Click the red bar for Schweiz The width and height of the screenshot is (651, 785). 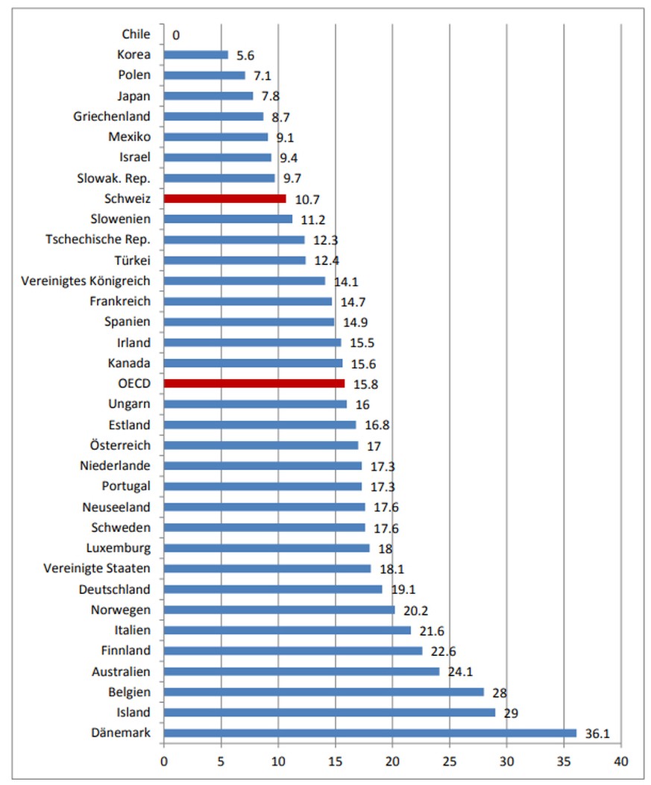[x=224, y=198]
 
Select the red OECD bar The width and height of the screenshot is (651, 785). [x=254, y=384]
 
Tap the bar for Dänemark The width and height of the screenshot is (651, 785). [x=370, y=733]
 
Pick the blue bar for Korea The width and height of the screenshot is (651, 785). [x=195, y=54]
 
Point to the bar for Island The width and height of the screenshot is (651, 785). [x=329, y=712]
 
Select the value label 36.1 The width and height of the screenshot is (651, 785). [x=597, y=734]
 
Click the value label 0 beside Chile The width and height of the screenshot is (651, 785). [x=176, y=34]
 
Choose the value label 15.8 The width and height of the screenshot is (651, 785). [x=366, y=384]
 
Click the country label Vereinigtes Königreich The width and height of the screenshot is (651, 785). [x=87, y=281]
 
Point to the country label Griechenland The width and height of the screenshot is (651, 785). [x=112, y=116]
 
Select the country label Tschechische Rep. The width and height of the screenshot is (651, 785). [x=98, y=240]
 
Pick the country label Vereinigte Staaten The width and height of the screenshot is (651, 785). [x=97, y=569]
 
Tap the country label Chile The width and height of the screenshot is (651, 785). [x=136, y=34]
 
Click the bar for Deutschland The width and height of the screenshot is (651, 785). [x=273, y=589]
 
